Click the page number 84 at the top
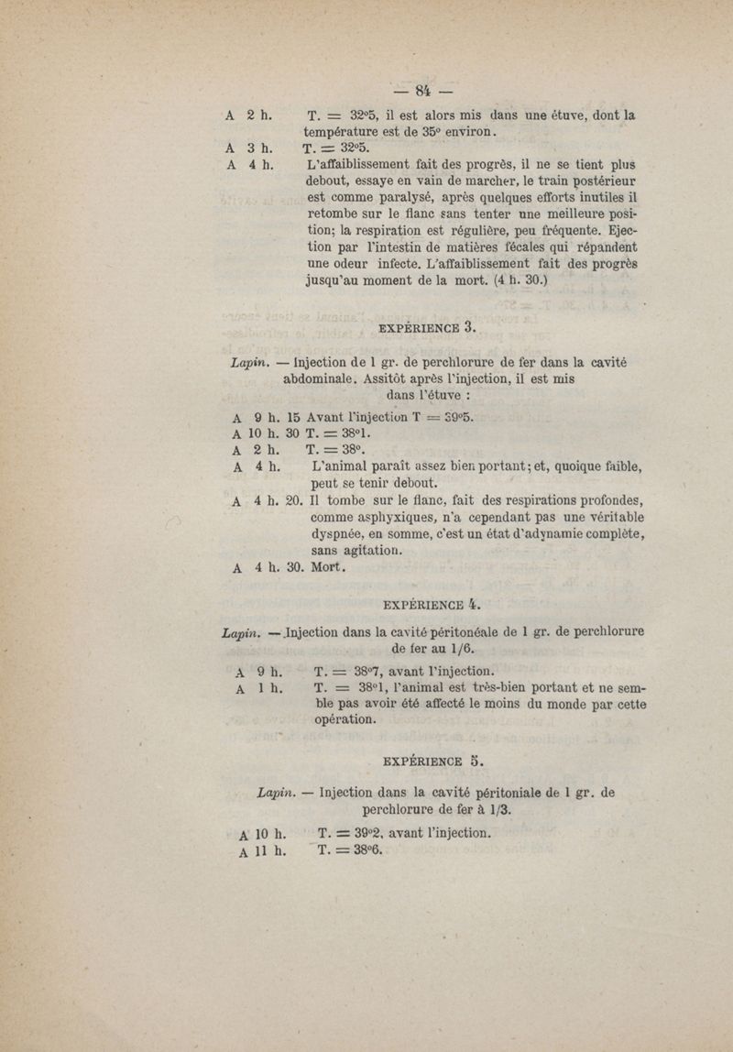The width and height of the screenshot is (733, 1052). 422,90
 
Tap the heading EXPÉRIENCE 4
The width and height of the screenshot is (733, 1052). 430,604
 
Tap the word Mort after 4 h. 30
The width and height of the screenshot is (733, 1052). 327,568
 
